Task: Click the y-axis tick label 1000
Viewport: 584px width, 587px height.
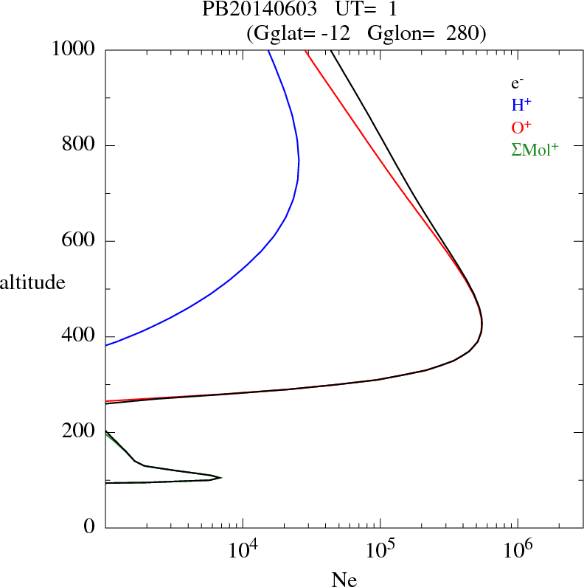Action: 74,49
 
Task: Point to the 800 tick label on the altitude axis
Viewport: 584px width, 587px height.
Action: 79,145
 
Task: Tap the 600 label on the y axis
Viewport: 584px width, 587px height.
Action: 79,241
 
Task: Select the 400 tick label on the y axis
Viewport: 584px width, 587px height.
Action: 79,336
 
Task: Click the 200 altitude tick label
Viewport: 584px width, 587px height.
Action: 79,431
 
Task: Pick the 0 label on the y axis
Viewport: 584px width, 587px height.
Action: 90,527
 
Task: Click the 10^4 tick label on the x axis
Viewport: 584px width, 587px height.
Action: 243,549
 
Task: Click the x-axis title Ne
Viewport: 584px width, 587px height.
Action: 344,579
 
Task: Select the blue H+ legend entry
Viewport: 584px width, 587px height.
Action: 521,105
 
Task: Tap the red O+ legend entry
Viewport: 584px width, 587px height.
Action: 521,126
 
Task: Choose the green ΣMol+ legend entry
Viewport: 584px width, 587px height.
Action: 535,149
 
